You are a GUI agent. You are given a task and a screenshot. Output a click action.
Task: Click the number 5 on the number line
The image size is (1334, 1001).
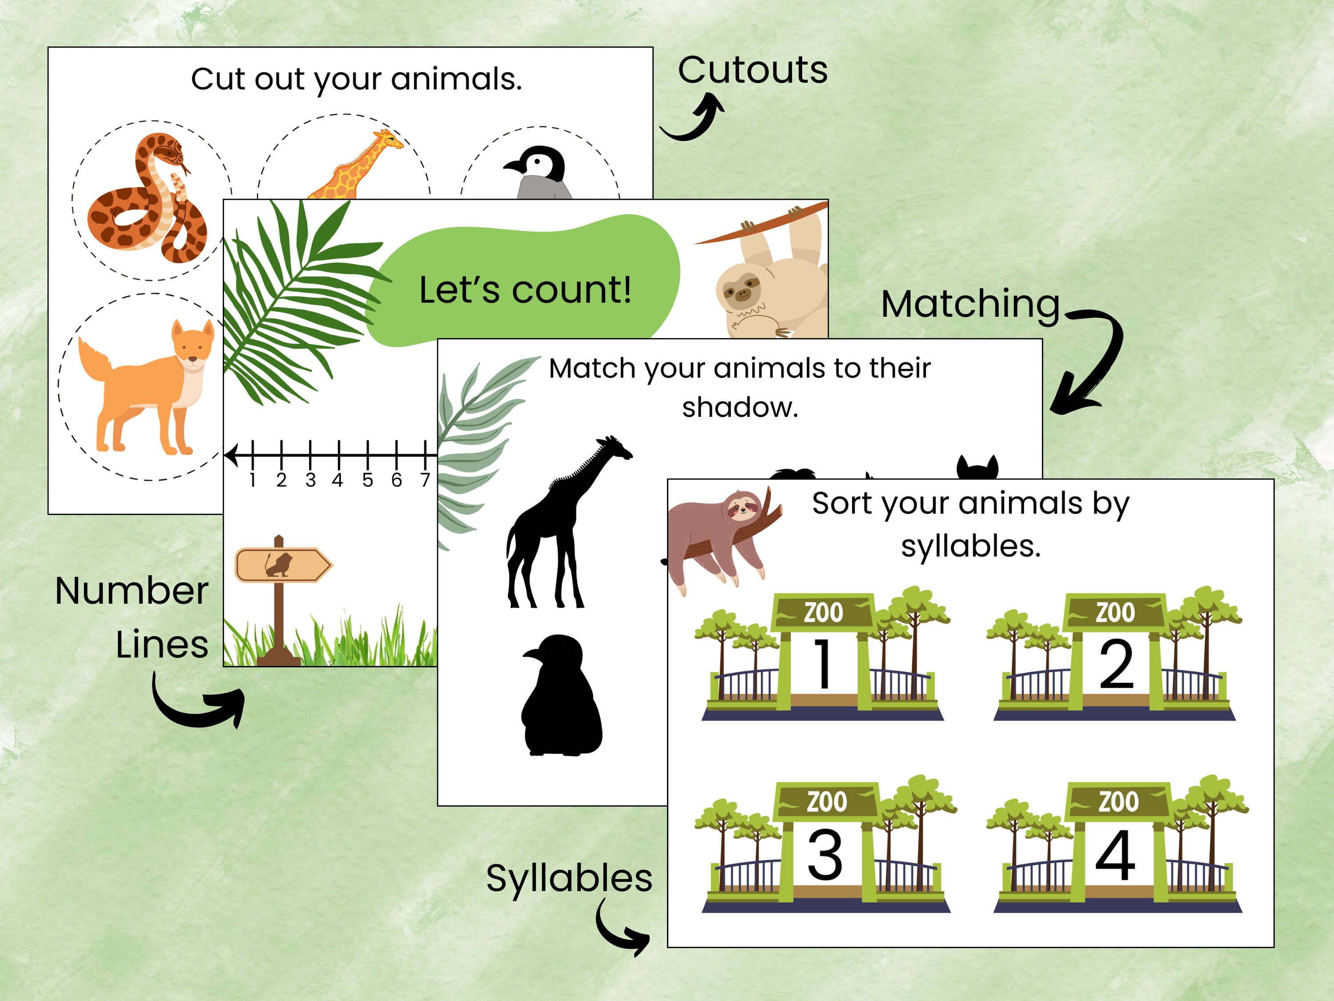coord(367,480)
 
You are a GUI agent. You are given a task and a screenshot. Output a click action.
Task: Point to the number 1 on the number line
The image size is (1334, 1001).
coord(253,480)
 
